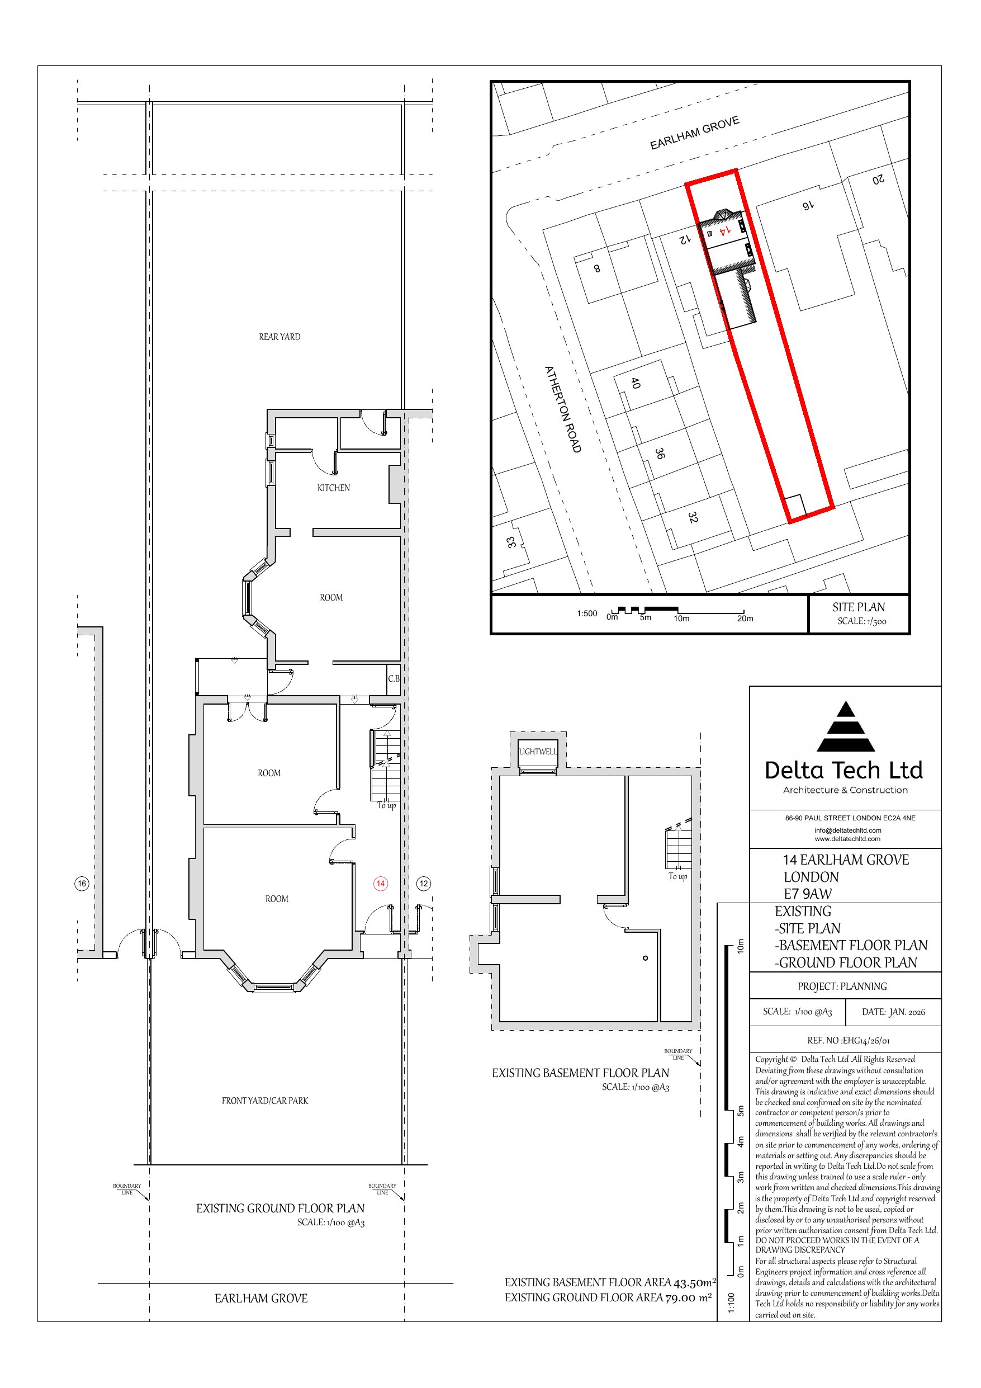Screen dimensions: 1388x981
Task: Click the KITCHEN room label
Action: (x=333, y=488)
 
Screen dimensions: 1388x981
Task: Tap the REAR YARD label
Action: (x=279, y=337)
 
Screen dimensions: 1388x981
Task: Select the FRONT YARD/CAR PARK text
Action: (x=265, y=1101)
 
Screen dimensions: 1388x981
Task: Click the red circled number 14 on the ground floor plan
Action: (x=380, y=883)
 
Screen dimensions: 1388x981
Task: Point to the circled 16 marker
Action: (x=82, y=883)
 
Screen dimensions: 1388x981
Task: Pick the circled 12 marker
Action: (x=424, y=883)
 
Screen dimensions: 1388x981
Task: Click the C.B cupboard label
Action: (x=394, y=678)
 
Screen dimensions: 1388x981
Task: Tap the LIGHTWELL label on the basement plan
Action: (x=537, y=752)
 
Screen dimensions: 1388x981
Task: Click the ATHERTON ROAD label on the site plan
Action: (x=563, y=409)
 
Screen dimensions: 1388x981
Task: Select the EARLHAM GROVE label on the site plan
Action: (x=694, y=133)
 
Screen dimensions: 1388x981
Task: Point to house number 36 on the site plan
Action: (x=660, y=454)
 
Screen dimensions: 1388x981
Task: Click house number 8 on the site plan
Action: (x=596, y=268)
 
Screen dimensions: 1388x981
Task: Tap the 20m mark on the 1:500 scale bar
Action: (x=745, y=619)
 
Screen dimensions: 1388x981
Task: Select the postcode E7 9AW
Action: (x=808, y=894)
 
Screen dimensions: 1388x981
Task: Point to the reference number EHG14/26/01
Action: (x=865, y=1040)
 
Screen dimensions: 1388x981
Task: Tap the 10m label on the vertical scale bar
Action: (x=740, y=947)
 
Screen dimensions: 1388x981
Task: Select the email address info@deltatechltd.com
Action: (x=847, y=830)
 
